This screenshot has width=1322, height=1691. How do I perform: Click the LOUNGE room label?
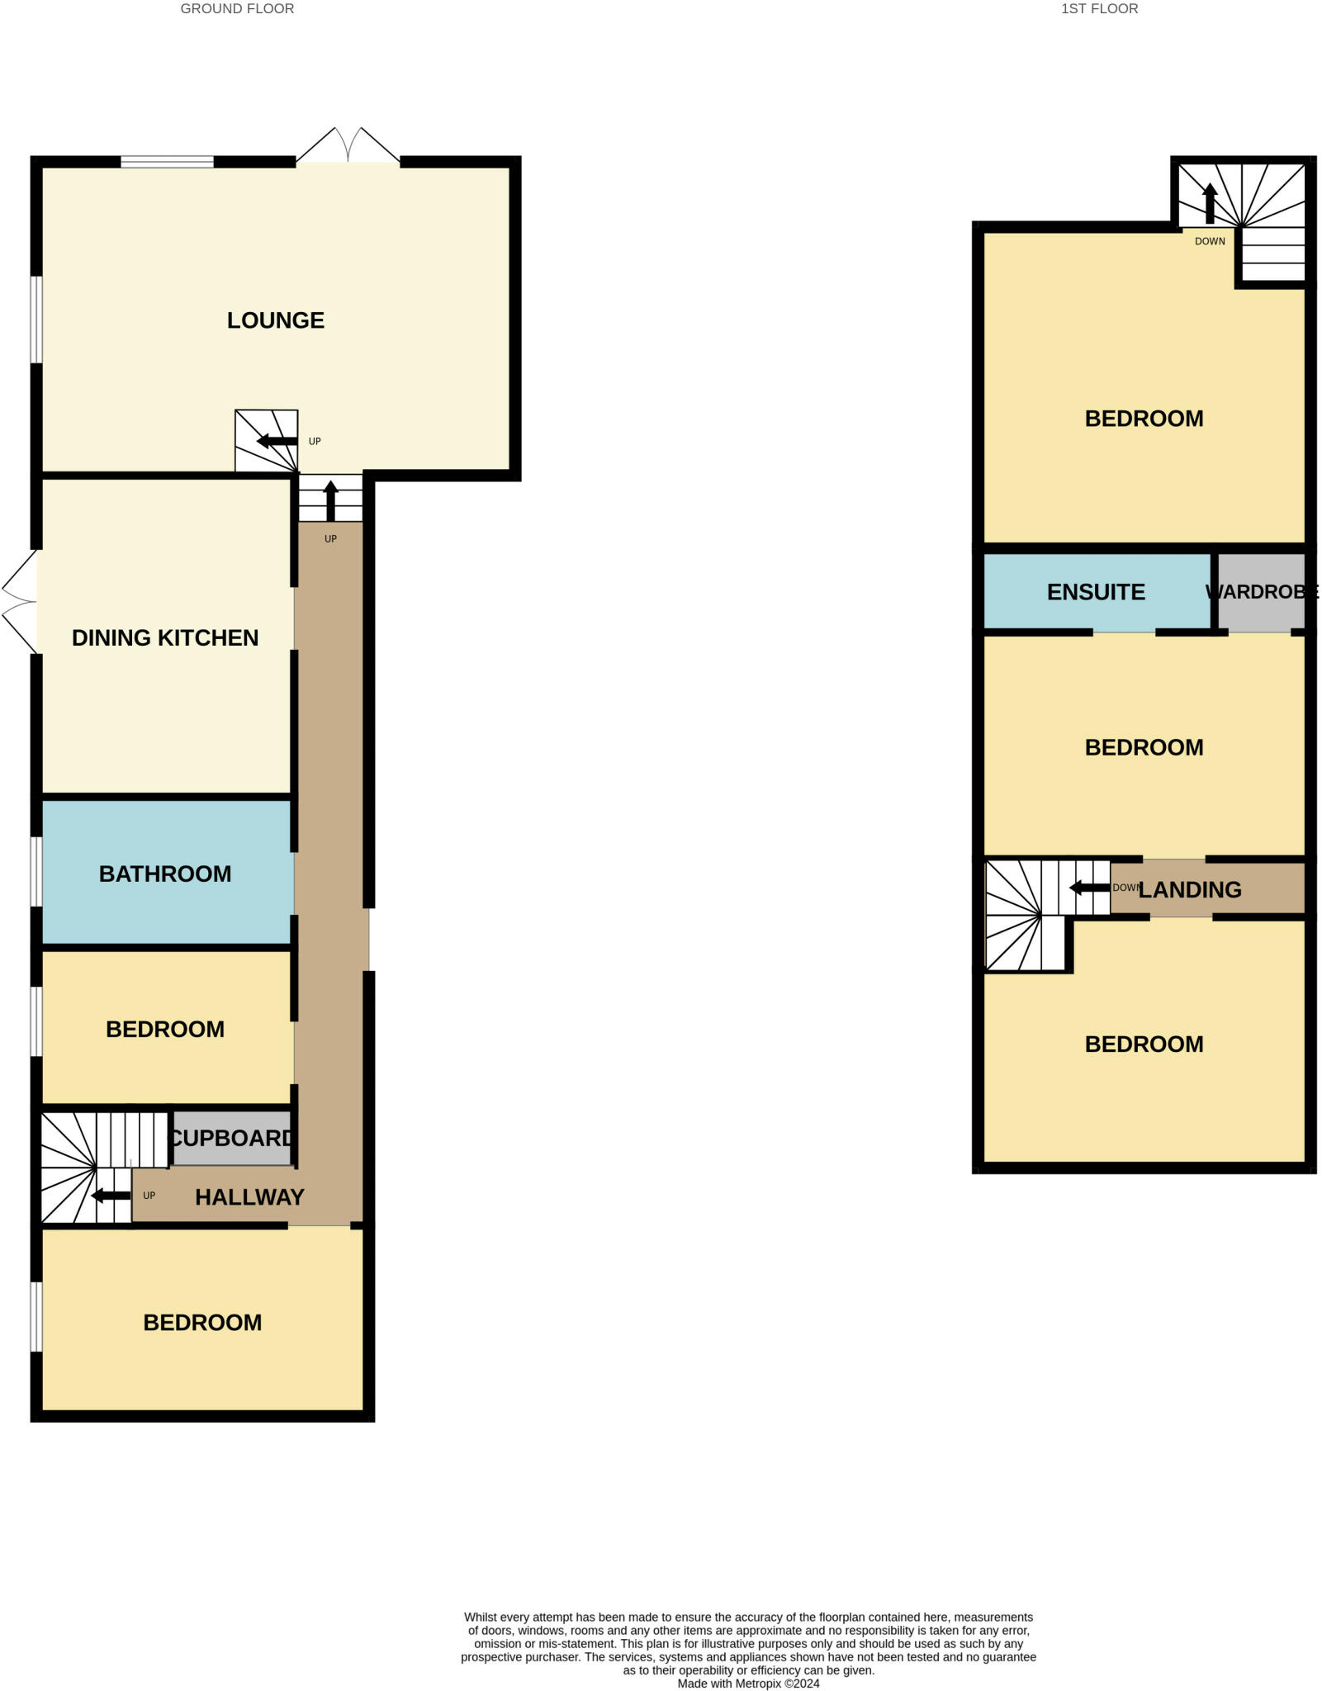[x=275, y=320]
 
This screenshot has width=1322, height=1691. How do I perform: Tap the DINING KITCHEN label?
[x=165, y=637]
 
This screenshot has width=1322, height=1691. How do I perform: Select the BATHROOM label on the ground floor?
[x=165, y=874]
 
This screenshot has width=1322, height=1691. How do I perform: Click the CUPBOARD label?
[x=232, y=1138]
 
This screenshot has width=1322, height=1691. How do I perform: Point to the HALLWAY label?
[x=249, y=1197]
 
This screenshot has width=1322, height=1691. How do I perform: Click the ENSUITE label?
[x=1096, y=592]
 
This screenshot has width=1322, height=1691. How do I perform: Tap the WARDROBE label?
[x=1261, y=592]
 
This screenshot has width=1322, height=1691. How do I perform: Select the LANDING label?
[x=1189, y=889]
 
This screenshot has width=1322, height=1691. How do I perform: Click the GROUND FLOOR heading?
[x=237, y=9]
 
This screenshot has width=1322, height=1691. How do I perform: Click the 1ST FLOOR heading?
[x=1099, y=9]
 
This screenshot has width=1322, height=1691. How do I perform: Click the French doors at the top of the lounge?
[x=348, y=147]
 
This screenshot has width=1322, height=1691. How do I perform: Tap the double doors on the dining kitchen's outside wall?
[x=20, y=601]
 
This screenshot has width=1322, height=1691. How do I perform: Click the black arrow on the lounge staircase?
[x=277, y=441]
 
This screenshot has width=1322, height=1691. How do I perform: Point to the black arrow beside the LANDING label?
[x=1089, y=888]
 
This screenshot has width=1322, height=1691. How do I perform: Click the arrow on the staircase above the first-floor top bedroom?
[x=1210, y=203]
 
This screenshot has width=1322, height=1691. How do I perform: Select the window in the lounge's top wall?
[x=167, y=162]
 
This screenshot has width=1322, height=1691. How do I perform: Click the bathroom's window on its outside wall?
[x=36, y=872]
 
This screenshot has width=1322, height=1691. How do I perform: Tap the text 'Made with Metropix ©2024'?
[x=748, y=1684]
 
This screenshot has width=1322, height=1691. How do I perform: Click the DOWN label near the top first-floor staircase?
[x=1210, y=241]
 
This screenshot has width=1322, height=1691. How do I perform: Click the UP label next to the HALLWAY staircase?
[x=149, y=1195]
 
